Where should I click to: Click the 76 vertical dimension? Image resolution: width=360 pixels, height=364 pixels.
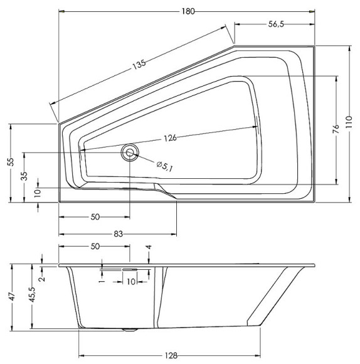click(x=336, y=130)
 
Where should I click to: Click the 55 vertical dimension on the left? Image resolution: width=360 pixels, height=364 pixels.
click(x=10, y=162)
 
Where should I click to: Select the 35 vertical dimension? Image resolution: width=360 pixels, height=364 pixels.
click(x=24, y=176)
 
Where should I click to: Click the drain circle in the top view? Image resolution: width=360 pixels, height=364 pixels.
click(x=130, y=152)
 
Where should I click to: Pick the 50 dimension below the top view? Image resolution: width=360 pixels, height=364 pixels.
click(x=95, y=217)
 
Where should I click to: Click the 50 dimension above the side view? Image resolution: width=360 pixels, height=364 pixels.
click(x=95, y=247)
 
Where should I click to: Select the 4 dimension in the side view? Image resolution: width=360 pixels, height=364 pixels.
click(x=149, y=248)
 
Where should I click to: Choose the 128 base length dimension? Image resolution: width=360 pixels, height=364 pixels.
click(x=170, y=354)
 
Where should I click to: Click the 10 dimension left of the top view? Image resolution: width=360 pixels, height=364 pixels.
click(x=38, y=191)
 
